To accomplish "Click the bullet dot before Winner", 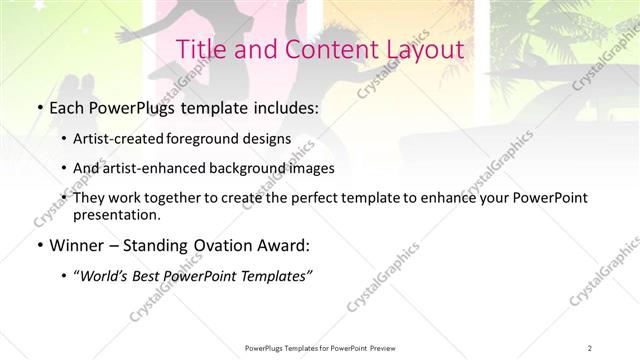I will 38,244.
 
